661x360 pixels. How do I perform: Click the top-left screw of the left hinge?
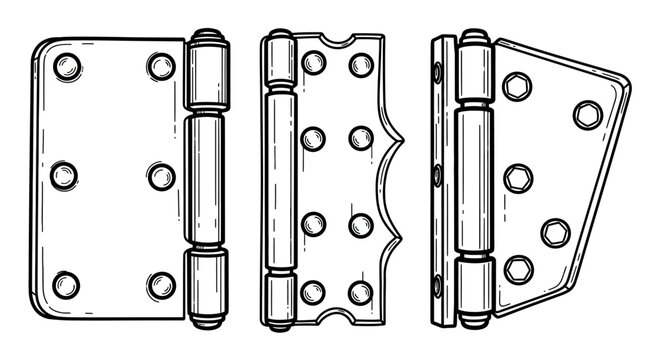click(x=67, y=68)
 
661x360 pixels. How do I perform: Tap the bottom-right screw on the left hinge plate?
click(x=161, y=284)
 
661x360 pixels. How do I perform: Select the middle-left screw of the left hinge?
click(x=64, y=176)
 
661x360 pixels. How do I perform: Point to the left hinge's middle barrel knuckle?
click(x=206, y=180)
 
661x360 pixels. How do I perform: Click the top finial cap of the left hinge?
click(x=206, y=37)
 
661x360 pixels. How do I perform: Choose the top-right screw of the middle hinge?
click(x=361, y=65)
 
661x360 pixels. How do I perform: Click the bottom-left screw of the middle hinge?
click(x=313, y=292)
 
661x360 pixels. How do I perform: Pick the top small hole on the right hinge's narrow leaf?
click(x=439, y=72)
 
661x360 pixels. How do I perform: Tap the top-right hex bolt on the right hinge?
click(x=588, y=114)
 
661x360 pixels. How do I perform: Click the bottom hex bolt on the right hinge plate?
click(x=518, y=269)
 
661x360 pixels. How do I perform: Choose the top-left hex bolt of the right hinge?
click(x=517, y=86)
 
